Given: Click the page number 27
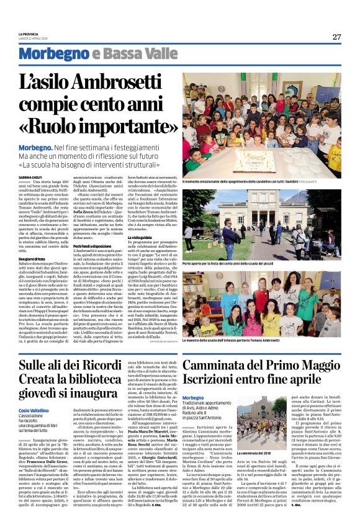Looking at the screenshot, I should [x=336, y=36].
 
